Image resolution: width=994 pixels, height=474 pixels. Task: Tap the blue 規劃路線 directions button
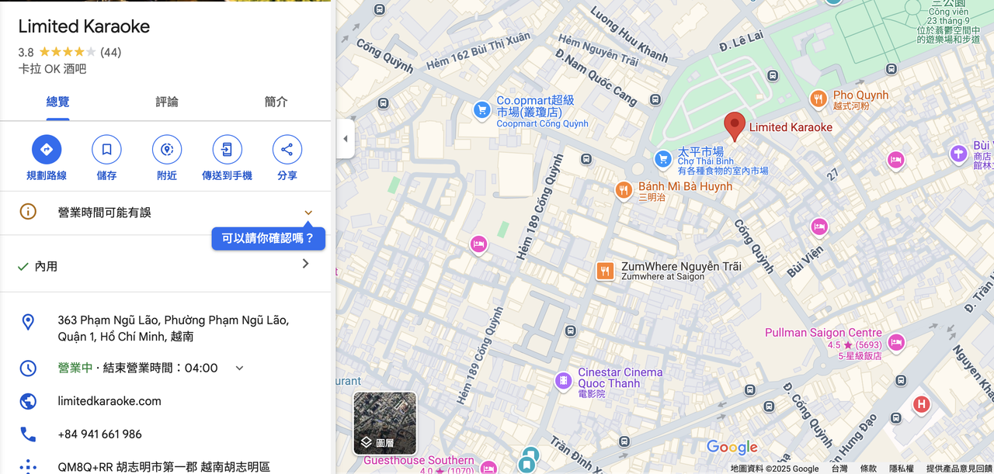(x=47, y=150)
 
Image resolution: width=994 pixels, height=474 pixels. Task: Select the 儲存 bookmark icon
(x=106, y=150)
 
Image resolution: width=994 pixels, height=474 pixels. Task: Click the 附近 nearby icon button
(x=167, y=150)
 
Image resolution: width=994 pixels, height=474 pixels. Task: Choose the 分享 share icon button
(x=287, y=150)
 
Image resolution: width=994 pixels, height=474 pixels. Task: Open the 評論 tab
(x=167, y=102)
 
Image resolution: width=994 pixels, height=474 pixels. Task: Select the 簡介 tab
(x=276, y=102)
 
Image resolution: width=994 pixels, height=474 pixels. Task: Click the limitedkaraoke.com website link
(x=109, y=401)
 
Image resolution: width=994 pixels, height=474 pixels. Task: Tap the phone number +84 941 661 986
(x=99, y=434)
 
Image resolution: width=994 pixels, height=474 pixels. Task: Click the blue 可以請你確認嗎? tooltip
(x=268, y=239)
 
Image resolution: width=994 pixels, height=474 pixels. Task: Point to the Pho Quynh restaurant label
(x=860, y=95)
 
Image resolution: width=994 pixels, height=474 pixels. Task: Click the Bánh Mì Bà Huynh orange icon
(x=623, y=190)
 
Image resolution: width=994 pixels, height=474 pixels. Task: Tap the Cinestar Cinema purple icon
(x=563, y=381)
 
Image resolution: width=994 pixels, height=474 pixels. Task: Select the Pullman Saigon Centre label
(x=823, y=333)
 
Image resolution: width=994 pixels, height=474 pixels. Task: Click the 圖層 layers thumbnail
(x=385, y=423)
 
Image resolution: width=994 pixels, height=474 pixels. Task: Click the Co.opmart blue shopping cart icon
(x=482, y=110)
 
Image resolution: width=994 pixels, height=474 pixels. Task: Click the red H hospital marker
(x=922, y=403)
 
